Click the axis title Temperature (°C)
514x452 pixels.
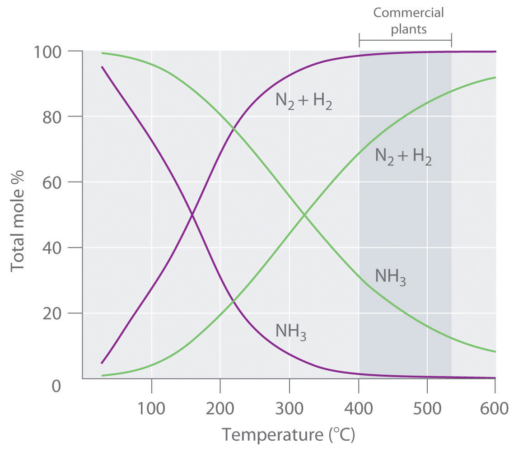click(288, 436)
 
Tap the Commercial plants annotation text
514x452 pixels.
click(408, 21)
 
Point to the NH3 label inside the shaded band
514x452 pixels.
click(390, 276)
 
